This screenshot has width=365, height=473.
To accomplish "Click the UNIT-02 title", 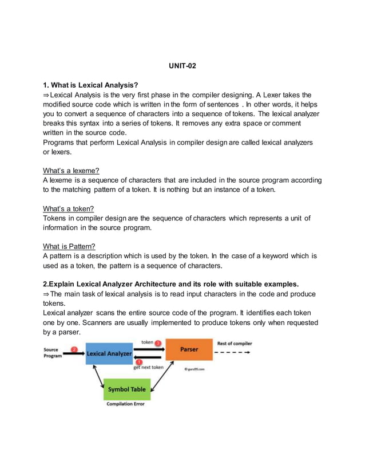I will pyautogui.click(x=182, y=67).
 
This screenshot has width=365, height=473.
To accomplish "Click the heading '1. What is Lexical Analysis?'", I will pyautogui.click(x=91, y=85).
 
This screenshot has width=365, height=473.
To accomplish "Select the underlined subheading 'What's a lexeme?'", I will pyautogui.click(x=71, y=170).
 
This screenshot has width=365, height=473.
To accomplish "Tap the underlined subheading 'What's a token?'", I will pyautogui.click(x=68, y=208).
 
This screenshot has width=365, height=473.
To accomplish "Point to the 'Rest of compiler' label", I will pyautogui.click(x=234, y=344).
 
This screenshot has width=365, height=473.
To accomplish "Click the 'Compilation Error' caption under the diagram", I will pyautogui.click(x=125, y=404).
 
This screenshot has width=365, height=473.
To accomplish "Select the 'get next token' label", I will pyautogui.click(x=148, y=368).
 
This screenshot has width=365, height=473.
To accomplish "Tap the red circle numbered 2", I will pyautogui.click(x=73, y=349).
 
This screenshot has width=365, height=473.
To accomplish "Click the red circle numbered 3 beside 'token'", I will pyautogui.click(x=158, y=343).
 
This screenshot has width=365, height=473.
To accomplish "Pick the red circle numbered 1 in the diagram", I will pyautogui.click(x=139, y=361).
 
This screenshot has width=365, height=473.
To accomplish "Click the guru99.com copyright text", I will pyautogui.click(x=195, y=369).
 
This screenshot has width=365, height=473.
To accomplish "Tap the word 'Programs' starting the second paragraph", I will pyautogui.click(x=61, y=142).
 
